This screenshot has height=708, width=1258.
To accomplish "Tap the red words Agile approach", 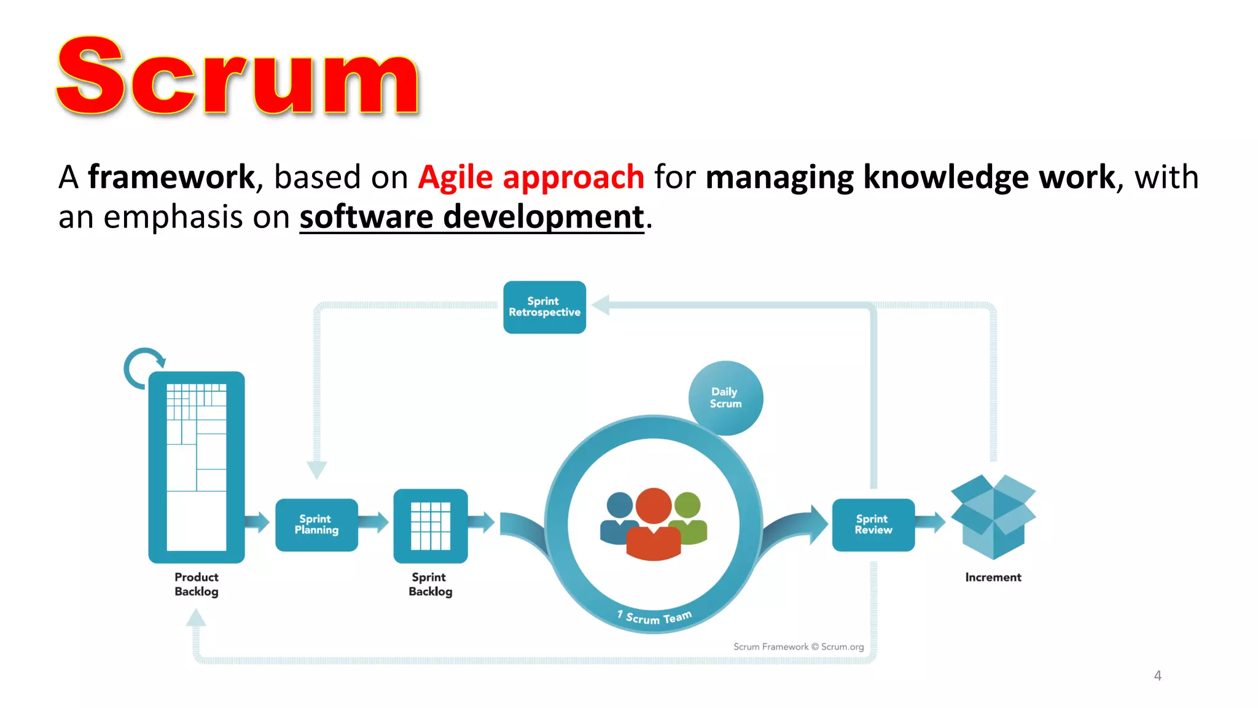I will tap(531, 178).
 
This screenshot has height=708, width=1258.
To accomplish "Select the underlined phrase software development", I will tap(472, 218).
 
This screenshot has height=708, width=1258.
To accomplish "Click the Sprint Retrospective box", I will tap(544, 307).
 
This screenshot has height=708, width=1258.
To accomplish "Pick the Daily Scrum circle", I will tap(725, 398).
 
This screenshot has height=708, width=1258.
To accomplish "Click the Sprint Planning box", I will tap(316, 525).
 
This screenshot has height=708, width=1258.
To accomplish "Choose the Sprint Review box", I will tap(873, 525).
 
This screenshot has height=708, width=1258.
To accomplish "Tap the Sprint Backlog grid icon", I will tap(431, 525).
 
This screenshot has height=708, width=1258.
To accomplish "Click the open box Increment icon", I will tap(993, 516).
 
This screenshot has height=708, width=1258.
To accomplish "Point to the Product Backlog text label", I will tap(197, 584).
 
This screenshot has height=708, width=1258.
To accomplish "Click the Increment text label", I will tap(993, 577).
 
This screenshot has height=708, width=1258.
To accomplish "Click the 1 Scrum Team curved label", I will tap(655, 617).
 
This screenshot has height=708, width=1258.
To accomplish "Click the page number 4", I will tap(1157, 676).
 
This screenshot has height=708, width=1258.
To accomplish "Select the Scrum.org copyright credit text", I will tap(798, 647).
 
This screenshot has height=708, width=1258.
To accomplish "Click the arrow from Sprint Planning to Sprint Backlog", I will tap(373, 523).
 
